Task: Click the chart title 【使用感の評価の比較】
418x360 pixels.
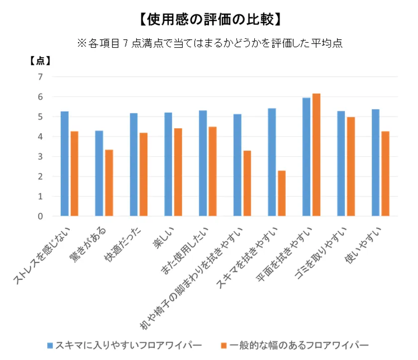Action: coord(209,19)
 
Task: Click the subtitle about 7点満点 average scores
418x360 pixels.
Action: coord(209,44)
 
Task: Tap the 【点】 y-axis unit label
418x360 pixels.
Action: coord(41,61)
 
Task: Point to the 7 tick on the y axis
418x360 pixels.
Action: coord(41,77)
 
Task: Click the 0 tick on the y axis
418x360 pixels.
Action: coord(41,216)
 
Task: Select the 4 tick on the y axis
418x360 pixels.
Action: coord(41,137)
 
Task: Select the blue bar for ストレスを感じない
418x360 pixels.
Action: coord(65,164)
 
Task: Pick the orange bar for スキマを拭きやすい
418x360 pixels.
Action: coord(282,193)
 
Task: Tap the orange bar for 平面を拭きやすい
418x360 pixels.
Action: coord(316,155)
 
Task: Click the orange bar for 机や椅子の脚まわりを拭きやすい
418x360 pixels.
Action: coord(247,183)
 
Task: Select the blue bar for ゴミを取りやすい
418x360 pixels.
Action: coord(341,164)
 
